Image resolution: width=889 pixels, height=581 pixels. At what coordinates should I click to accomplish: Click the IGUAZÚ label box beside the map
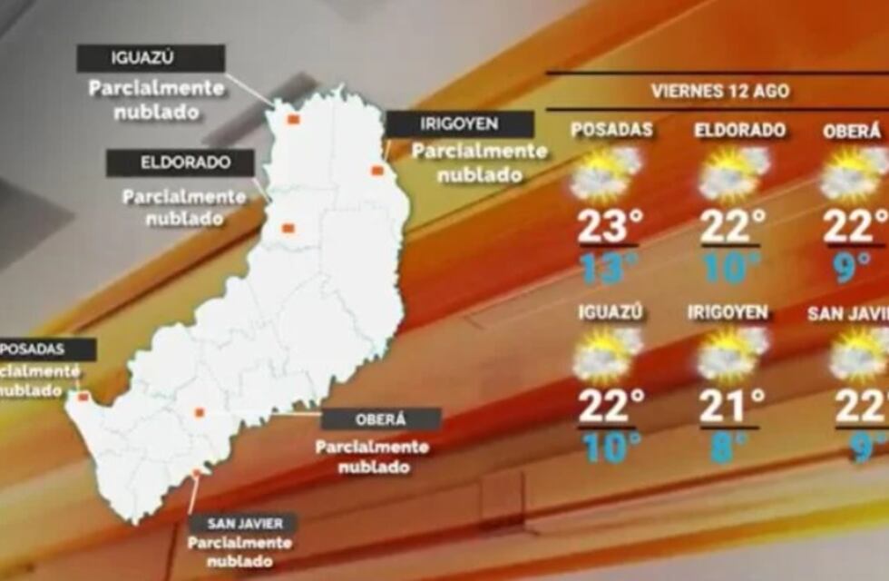point(151,59)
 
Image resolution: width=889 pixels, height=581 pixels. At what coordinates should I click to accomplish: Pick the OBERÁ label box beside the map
point(381,419)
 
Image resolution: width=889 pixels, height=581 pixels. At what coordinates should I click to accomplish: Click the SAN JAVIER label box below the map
point(242,524)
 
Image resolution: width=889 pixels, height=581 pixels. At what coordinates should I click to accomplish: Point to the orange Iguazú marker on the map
point(293,119)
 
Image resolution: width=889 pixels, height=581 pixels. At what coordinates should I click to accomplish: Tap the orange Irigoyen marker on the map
point(377,171)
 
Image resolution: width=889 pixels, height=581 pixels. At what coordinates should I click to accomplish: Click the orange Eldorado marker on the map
point(288,229)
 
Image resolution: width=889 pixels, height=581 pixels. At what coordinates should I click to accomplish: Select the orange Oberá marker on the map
point(199,413)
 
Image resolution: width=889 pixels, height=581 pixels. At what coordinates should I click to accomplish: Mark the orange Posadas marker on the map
point(83,397)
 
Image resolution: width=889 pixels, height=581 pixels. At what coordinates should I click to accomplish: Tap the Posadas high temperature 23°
point(604,227)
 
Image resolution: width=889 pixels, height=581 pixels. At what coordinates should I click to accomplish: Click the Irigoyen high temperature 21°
point(731,407)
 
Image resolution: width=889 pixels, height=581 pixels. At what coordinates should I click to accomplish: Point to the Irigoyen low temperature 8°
point(728,448)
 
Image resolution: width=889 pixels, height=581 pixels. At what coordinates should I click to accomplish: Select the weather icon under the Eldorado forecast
point(733,174)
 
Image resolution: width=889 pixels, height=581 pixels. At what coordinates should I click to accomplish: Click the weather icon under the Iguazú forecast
point(606,354)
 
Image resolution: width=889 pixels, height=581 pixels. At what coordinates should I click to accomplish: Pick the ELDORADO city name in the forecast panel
point(739,130)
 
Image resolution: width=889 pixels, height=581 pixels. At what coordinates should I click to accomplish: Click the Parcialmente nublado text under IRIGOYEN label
point(480,162)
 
